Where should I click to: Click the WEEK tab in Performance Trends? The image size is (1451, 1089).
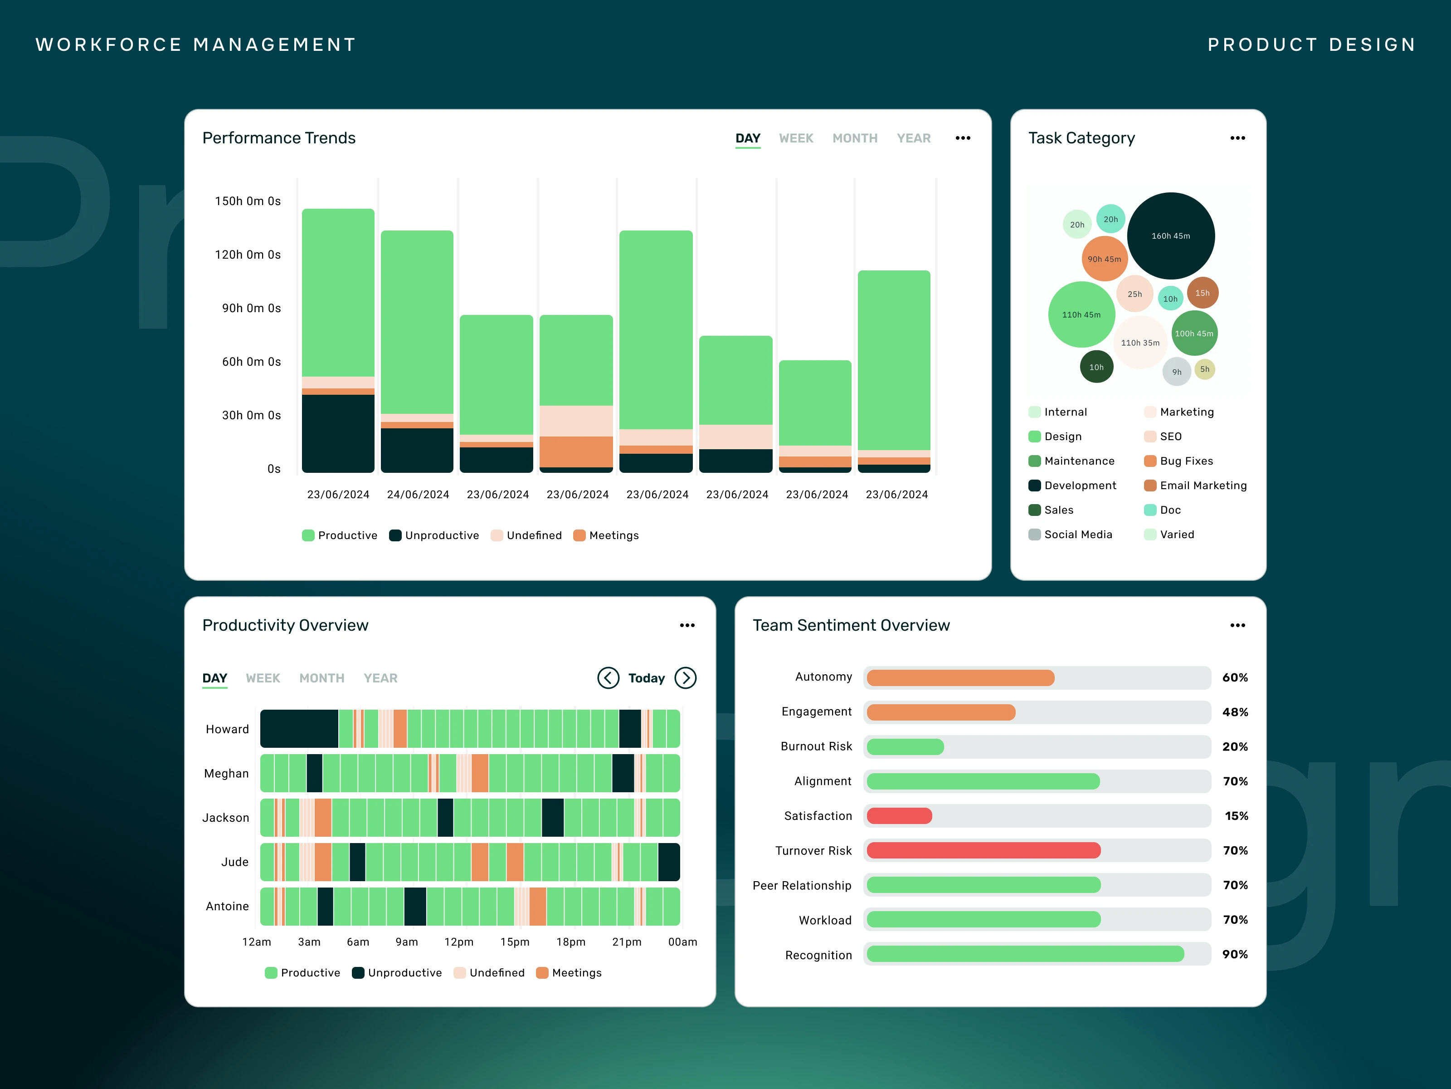[796, 138]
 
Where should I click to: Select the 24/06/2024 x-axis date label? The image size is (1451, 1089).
[418, 494]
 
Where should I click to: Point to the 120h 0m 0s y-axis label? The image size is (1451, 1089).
[248, 255]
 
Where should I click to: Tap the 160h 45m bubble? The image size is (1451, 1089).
[1171, 235]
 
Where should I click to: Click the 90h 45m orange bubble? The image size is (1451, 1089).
[1105, 259]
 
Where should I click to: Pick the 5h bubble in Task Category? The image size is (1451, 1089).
[1205, 369]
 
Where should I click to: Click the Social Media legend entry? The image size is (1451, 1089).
[1071, 535]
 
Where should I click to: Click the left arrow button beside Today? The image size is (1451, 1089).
[608, 678]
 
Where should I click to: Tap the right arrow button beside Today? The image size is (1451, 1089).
[686, 678]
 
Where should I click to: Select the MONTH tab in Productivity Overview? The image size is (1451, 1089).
[321, 678]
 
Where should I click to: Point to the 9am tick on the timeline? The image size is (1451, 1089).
[407, 942]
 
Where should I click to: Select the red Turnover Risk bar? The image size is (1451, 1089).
[984, 851]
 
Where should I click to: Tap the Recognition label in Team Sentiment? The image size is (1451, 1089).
[818, 955]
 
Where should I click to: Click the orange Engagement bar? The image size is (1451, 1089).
[941, 712]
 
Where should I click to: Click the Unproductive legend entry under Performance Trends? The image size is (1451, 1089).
[434, 535]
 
